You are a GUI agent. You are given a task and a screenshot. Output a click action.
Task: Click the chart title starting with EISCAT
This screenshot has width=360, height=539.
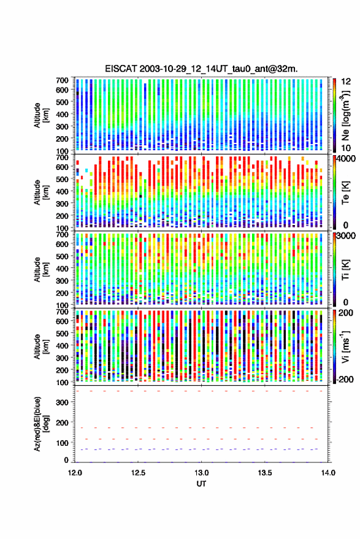click(201, 69)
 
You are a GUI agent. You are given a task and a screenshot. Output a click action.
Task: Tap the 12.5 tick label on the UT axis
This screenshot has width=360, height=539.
click(138, 473)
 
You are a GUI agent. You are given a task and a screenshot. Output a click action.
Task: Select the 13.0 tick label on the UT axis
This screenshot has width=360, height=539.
click(201, 473)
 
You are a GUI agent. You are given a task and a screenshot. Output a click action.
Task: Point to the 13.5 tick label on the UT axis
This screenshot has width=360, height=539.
click(264, 473)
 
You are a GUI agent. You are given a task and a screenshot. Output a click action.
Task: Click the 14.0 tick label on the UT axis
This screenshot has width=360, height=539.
click(328, 473)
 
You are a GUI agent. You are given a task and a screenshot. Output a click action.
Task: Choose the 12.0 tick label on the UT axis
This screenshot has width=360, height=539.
click(75, 473)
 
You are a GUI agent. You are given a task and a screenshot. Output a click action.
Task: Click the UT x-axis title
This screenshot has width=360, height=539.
click(201, 484)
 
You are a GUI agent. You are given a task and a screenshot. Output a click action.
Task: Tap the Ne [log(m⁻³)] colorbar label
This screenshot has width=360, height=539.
click(345, 115)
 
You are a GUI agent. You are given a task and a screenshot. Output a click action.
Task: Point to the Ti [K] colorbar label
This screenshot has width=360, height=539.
click(345, 270)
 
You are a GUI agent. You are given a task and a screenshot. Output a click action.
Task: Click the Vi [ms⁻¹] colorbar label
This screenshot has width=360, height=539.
click(345, 346)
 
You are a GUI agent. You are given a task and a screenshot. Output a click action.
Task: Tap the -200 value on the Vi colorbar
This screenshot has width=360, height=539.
click(345, 380)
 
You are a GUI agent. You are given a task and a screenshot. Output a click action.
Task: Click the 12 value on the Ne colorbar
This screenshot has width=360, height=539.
click(346, 82)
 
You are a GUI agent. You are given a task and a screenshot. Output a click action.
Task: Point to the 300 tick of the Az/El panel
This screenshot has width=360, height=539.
click(62, 402)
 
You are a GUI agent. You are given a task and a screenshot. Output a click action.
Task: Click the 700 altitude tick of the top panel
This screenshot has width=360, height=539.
click(62, 80)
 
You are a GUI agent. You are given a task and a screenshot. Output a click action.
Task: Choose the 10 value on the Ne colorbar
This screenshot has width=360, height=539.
click(346, 148)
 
